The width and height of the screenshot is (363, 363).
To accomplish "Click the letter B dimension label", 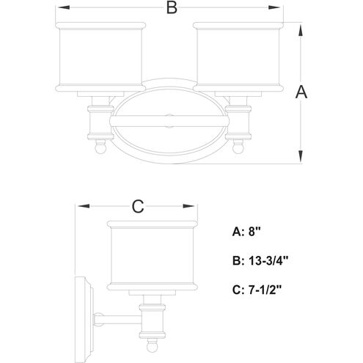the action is click(172, 7).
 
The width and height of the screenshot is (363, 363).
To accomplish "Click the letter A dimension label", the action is click(301, 92).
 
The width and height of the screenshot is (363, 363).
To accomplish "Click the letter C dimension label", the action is click(138, 207).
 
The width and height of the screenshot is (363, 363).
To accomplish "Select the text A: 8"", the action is click(246, 231).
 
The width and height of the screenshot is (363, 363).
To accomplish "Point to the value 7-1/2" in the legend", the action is click(265, 290).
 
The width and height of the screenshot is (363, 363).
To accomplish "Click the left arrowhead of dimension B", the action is click(64, 7).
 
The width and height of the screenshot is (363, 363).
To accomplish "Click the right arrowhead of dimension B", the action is click(274, 7).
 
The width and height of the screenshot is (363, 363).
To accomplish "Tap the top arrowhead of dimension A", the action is click(301, 32).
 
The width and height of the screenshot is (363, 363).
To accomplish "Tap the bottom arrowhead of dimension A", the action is click(301, 156).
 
